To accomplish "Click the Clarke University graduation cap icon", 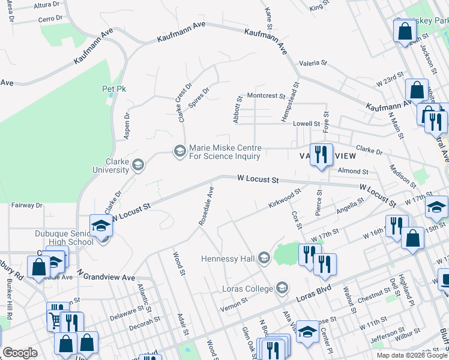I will pos(138,165).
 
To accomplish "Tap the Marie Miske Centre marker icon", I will pos(179,151).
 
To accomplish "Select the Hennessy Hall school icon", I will pos(264,259).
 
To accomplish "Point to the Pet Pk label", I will pos(113,89).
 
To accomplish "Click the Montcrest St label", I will pos(266,95).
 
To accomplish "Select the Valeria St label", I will pos(313,62).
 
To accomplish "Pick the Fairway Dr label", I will pos(27,205).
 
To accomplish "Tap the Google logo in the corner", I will pos(20,353).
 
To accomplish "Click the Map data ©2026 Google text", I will pos(411,355).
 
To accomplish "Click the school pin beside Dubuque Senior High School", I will pos(101,227).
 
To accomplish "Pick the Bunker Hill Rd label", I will pos(10,299).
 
